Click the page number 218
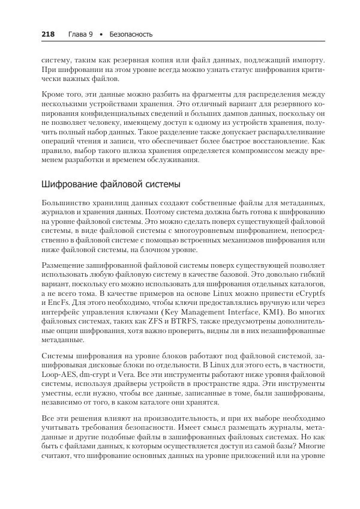click(48, 34)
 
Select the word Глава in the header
click(77, 34)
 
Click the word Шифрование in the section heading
click(67, 183)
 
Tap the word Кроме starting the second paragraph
click(55, 95)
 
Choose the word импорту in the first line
click(306, 60)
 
